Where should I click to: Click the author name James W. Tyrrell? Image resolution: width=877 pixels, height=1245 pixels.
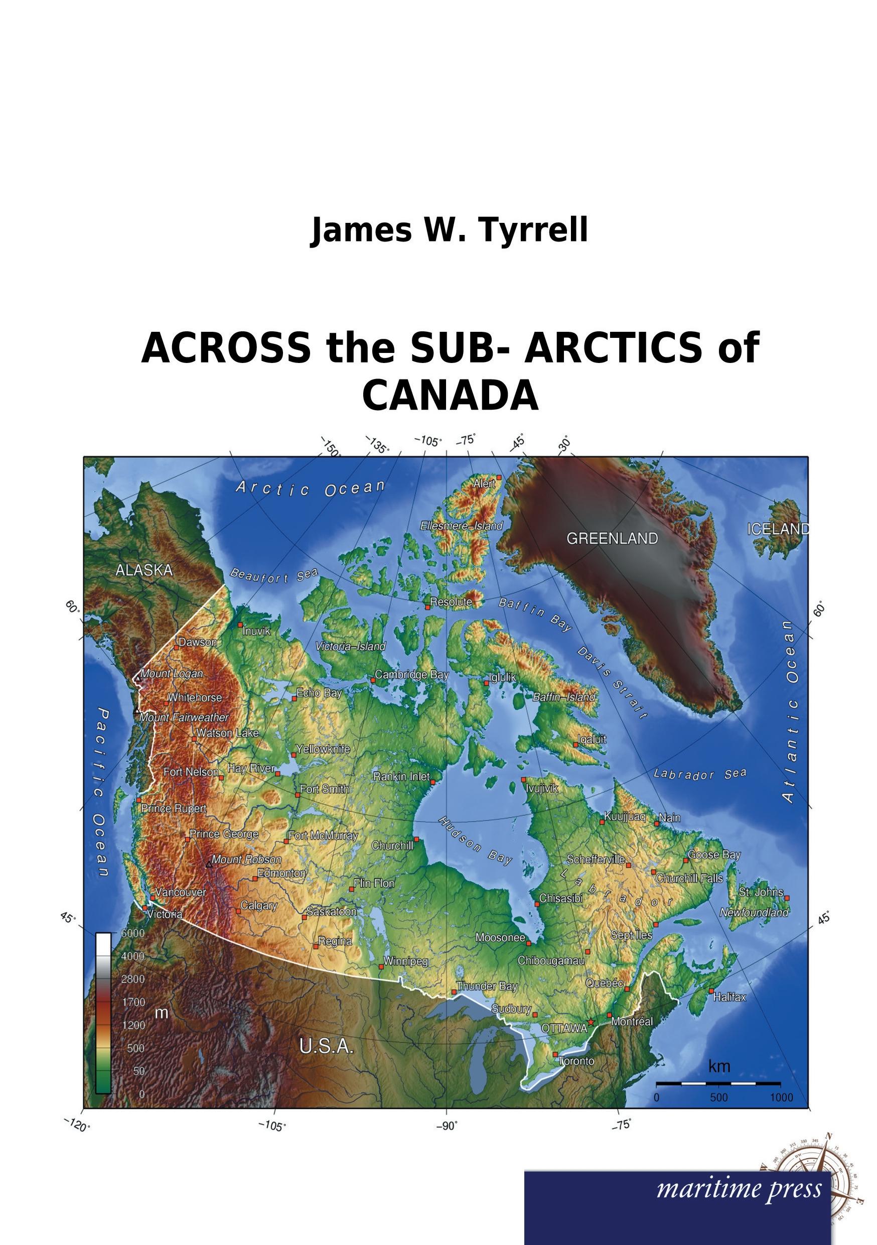449,230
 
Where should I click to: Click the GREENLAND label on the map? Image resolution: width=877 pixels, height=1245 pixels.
612,539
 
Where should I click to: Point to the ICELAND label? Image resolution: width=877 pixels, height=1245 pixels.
778,529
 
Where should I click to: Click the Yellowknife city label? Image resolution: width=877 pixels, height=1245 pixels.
323,750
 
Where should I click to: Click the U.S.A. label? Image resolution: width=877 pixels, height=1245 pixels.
326,1047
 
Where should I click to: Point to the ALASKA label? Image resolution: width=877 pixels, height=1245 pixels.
144,570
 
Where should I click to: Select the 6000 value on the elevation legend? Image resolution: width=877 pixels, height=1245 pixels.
132,933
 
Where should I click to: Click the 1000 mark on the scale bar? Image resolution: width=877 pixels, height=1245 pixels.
781,1098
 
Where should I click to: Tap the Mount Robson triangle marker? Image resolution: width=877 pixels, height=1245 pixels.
209,864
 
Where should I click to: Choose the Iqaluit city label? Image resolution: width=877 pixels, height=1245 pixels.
592,739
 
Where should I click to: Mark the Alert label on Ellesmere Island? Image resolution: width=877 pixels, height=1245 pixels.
484,483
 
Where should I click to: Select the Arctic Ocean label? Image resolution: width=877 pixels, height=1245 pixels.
310,488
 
